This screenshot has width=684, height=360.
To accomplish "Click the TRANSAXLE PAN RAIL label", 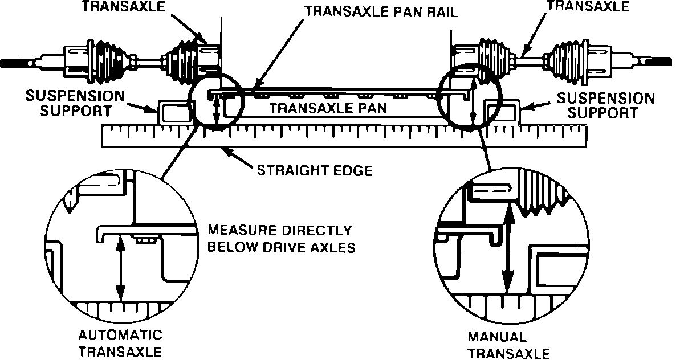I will [381, 11].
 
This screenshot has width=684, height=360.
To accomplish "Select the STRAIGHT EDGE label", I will [314, 170].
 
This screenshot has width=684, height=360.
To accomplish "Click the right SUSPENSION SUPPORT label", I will [605, 105].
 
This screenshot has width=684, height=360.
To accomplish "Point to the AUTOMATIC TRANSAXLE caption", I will [120, 343].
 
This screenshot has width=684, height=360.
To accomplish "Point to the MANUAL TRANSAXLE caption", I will [508, 345].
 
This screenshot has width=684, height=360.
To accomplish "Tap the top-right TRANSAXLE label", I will [588, 7].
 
